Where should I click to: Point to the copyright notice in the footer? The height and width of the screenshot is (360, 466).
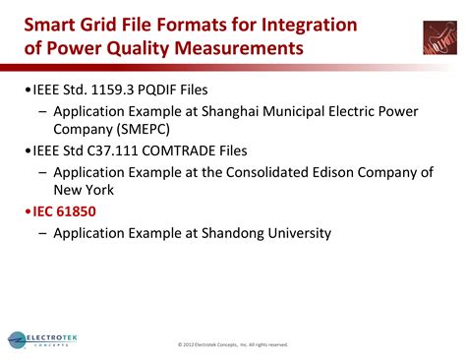[x=233, y=344]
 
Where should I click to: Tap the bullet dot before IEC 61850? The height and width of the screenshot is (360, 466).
[x=29, y=211]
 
